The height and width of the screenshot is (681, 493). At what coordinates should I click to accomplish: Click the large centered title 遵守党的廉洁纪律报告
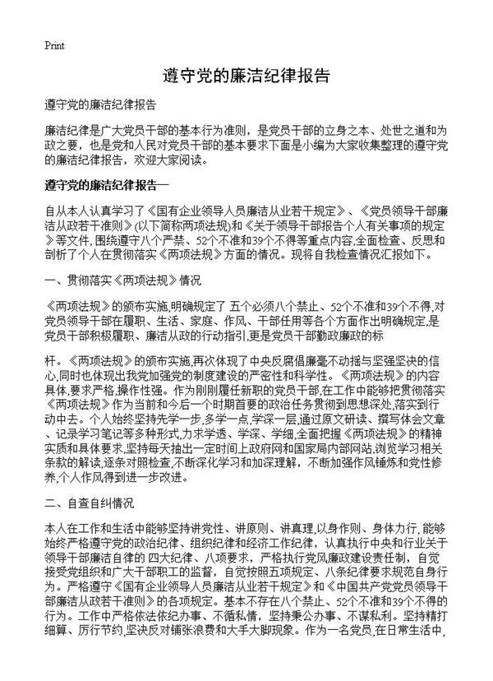(246, 77)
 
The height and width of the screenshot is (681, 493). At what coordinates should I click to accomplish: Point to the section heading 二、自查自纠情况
(88, 501)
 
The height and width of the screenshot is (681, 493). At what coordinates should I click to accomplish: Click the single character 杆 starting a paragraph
(49, 360)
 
